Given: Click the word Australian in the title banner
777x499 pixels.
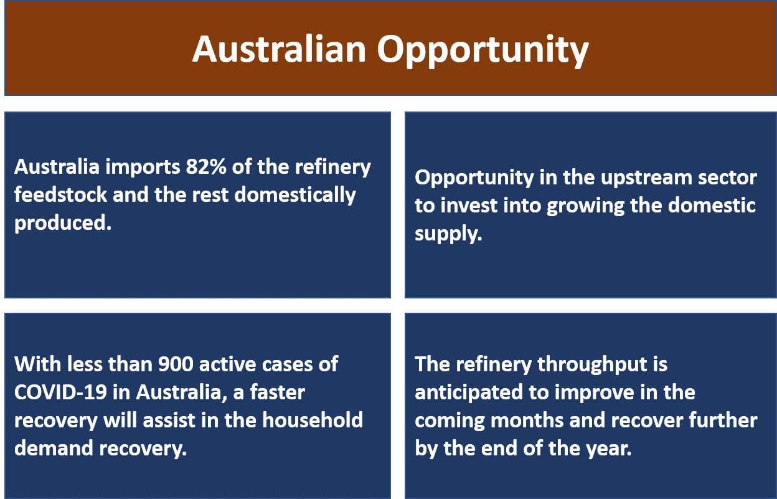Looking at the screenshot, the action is coord(279,49).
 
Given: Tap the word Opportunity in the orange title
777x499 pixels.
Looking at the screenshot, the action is coord(483,51).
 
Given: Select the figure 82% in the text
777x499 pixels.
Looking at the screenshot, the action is coord(206,166).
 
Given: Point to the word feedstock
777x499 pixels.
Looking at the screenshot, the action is coord(61,194).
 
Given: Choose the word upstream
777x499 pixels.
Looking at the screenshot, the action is coord(646,178).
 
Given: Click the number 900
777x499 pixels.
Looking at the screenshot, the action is coord(176,364).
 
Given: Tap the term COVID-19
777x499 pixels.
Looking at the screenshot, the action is coord(60,392).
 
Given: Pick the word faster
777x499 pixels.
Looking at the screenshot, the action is coord(278,392).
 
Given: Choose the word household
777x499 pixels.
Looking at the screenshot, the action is coord(313,420).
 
